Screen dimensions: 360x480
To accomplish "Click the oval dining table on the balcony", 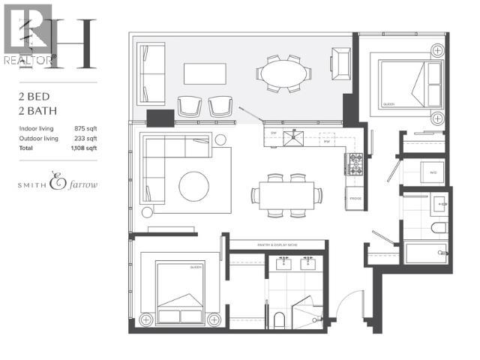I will tap(283, 74).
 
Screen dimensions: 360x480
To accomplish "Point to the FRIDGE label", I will tap(354, 199).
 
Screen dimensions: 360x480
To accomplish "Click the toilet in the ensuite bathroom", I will tap(279, 322).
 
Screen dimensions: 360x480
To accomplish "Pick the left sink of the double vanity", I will tap(285, 264).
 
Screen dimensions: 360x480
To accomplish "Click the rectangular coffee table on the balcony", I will tap(205, 73).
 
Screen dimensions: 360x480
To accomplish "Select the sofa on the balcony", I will tap(151, 73).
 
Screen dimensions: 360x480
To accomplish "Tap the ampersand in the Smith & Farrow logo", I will tap(58, 182).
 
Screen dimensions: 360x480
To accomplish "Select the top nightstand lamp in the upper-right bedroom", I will tap(437, 50).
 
